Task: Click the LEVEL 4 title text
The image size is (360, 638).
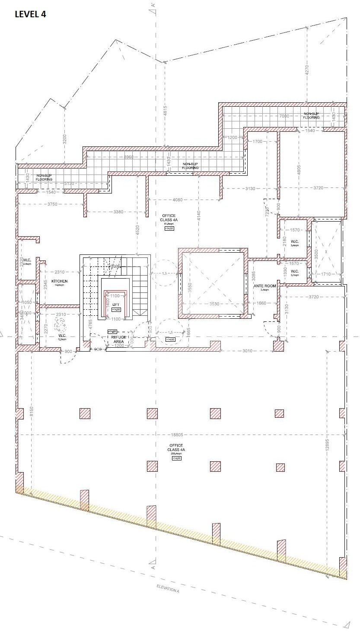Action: (30, 14)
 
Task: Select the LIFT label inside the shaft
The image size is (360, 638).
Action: (115, 305)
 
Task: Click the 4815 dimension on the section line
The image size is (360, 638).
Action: (165, 111)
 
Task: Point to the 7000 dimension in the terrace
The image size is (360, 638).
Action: (284, 116)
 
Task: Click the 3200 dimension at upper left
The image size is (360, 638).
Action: (64, 139)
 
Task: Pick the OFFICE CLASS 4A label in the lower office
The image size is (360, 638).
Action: (176, 448)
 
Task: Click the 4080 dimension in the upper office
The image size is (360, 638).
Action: (178, 200)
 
